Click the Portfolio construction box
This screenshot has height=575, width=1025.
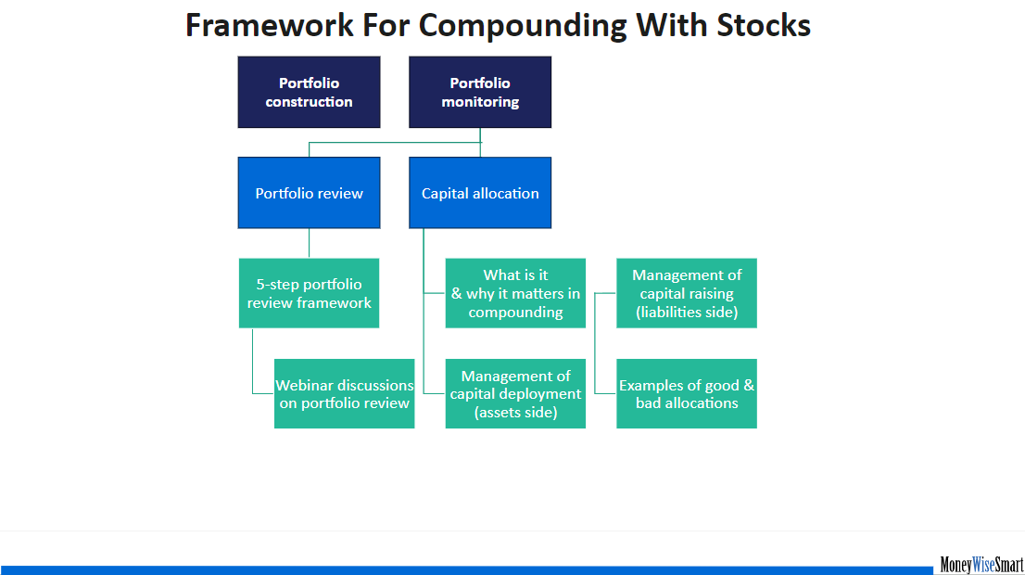point(310,92)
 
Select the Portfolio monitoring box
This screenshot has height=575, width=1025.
point(480,92)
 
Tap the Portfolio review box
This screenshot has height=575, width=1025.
point(310,193)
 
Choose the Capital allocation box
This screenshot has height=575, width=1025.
point(480,193)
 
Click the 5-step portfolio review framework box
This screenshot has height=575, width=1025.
point(310,293)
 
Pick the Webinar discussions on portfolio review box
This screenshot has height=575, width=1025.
point(345,394)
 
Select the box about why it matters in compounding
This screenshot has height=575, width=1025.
point(516,293)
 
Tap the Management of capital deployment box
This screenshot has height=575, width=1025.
point(516,394)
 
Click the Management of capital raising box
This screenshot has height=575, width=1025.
point(687,293)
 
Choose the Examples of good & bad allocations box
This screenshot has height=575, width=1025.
point(687,394)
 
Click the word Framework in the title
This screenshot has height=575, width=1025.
point(270,26)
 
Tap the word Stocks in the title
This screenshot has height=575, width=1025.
point(764,26)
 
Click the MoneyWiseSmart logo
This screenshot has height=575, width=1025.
point(981,565)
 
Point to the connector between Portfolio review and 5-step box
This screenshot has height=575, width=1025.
point(310,243)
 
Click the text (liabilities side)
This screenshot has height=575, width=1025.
point(687,312)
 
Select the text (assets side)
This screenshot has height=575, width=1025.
point(516,412)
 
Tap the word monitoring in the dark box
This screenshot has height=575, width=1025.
point(480,102)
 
